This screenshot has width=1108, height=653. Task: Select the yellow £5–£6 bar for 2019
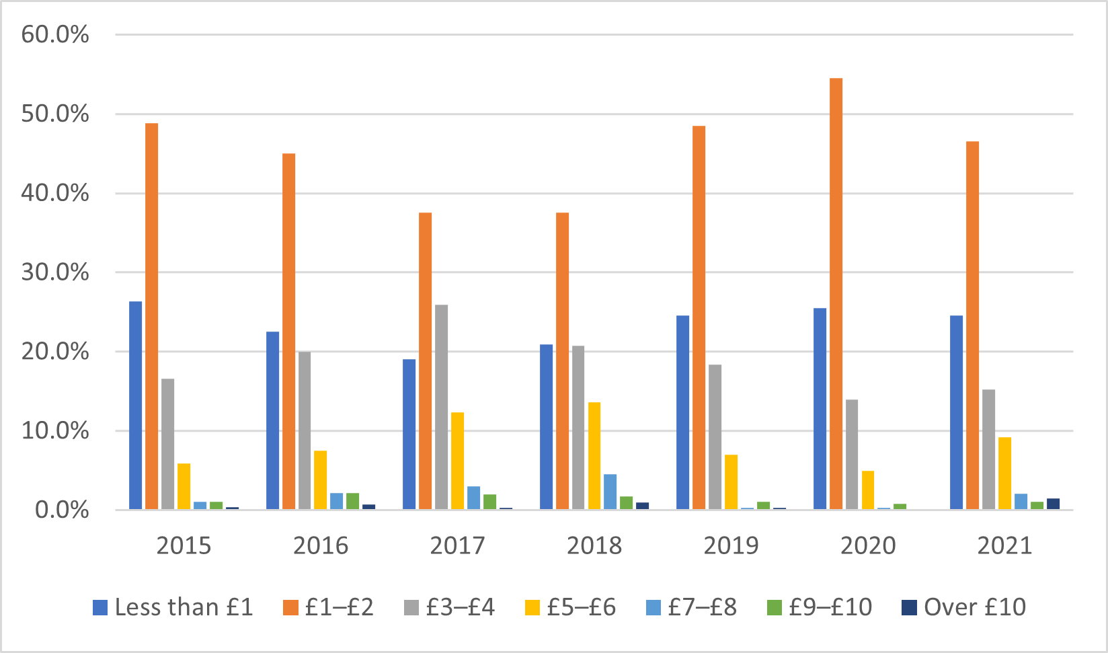click(731, 482)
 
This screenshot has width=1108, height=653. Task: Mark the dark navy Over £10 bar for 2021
click(1053, 504)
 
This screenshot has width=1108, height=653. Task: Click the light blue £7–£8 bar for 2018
click(610, 492)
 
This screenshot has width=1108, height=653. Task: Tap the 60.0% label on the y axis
click(55, 34)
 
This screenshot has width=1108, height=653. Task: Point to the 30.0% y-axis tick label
click(55, 272)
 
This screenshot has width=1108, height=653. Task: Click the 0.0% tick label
click(62, 510)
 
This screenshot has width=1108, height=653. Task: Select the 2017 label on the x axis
click(457, 545)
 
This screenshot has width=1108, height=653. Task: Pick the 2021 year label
click(1004, 545)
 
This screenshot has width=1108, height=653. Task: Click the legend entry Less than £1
click(184, 607)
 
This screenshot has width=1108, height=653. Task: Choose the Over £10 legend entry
click(975, 607)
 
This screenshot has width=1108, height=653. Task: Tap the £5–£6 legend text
click(581, 607)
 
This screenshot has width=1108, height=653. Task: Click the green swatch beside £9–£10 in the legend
click(775, 608)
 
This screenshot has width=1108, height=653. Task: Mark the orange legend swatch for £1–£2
click(290, 608)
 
